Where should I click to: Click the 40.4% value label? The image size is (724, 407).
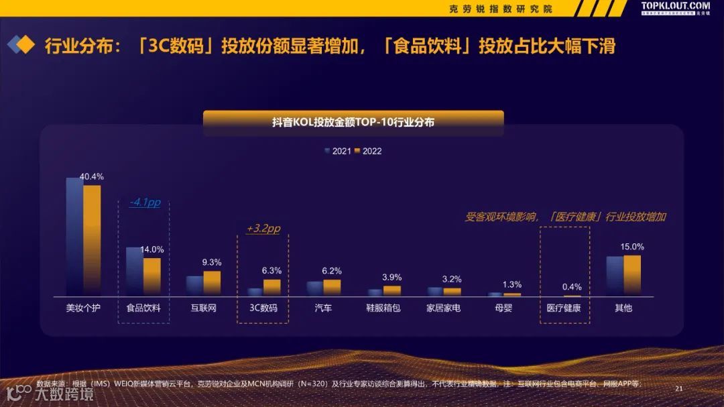click(x=92, y=176)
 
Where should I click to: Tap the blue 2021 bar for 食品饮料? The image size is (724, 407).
click(x=135, y=271)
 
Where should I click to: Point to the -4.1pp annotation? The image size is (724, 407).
click(x=145, y=202)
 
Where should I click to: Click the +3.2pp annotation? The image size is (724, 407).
click(x=263, y=229)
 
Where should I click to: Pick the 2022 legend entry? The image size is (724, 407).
click(x=368, y=151)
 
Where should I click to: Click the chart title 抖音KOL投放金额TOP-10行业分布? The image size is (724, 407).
click(x=353, y=122)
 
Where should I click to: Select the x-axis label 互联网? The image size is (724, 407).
click(x=202, y=308)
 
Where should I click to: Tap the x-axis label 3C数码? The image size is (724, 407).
click(x=263, y=308)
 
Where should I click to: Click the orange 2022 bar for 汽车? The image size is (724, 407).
click(x=332, y=287)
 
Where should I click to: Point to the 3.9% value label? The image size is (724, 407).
click(x=391, y=277)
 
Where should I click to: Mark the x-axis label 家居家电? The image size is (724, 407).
click(x=444, y=308)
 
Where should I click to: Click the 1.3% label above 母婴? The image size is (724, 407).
click(x=511, y=284)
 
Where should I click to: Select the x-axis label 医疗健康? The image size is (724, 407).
click(x=564, y=308)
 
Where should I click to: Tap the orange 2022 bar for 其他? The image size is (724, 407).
click(x=632, y=275)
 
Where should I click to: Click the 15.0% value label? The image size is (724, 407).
click(x=631, y=246)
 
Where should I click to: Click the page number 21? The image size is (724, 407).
click(x=678, y=389)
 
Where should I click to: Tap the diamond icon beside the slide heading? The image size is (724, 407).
click(x=21, y=46)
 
